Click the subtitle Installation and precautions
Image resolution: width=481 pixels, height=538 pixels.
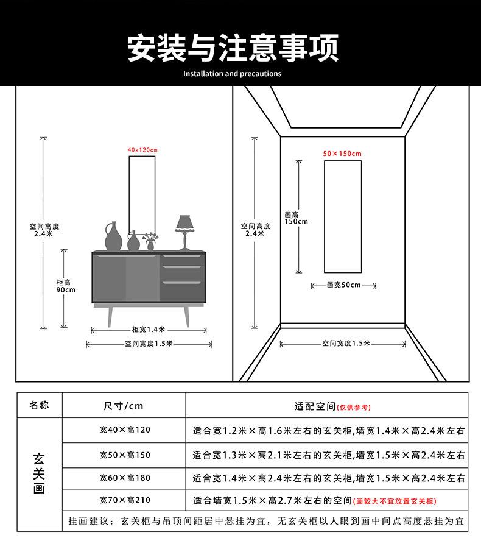click(232, 74)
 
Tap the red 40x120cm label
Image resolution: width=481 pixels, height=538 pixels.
click(142, 150)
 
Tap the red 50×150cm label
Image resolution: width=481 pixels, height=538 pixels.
click(342, 154)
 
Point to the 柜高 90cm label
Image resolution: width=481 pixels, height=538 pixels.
click(65, 286)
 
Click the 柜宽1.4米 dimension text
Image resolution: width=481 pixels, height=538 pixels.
click(149, 330)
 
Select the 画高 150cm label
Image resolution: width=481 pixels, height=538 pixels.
click(295, 218)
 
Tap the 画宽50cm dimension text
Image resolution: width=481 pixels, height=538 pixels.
click(343, 285)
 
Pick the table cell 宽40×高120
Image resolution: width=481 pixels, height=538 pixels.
click(124, 430)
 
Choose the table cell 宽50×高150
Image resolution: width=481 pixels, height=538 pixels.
click(124, 455)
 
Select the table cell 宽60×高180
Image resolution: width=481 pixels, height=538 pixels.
click(124, 478)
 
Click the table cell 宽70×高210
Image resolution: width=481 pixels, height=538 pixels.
click(124, 501)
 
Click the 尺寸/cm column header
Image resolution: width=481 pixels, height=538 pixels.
click(124, 406)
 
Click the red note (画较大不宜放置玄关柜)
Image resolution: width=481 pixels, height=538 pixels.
click(396, 501)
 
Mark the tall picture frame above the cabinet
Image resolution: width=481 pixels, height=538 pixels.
click(142, 195)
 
